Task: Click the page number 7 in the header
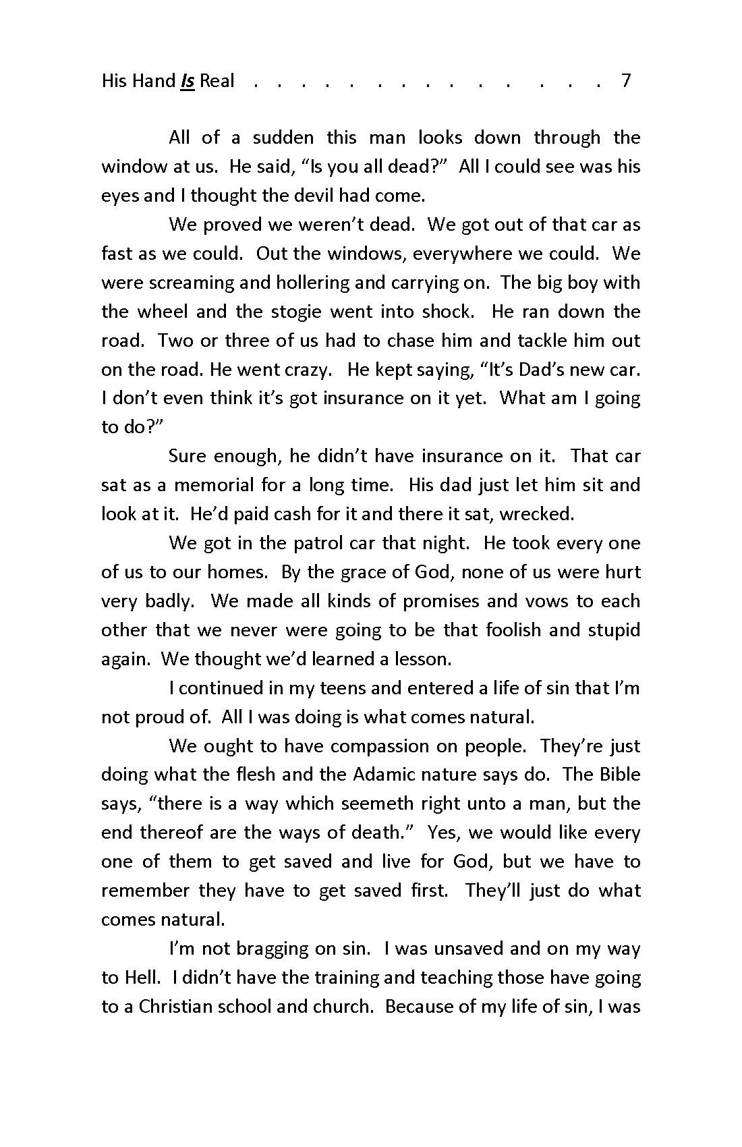pyautogui.click(x=625, y=81)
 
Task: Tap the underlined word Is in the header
pyautogui.click(x=188, y=82)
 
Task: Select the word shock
pyautogui.click(x=447, y=312)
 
